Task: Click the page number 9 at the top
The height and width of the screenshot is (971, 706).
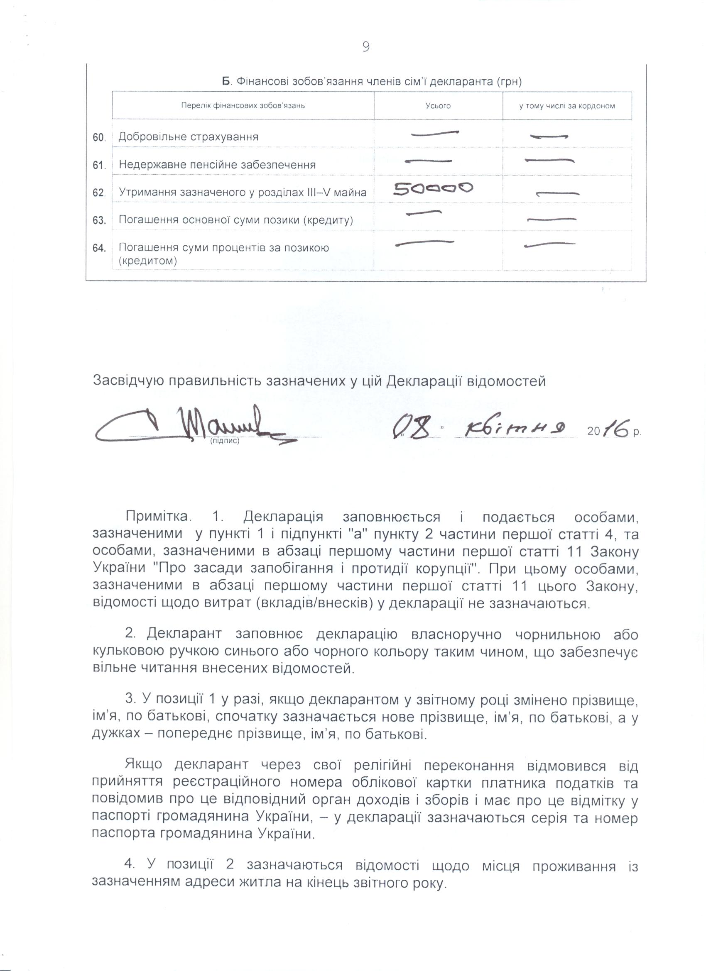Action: point(366,46)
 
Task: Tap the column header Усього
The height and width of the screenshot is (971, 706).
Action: point(438,106)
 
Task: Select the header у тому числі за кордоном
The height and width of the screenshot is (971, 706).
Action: point(567,106)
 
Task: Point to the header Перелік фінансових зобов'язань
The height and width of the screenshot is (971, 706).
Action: point(243,105)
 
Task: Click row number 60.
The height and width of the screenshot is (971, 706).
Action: point(99,138)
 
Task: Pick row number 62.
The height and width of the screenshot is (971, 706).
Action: point(99,193)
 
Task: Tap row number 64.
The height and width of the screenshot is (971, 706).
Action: point(99,248)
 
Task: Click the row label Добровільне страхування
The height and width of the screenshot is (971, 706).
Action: point(189,137)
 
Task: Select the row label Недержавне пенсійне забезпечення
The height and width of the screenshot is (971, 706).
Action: point(217,165)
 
